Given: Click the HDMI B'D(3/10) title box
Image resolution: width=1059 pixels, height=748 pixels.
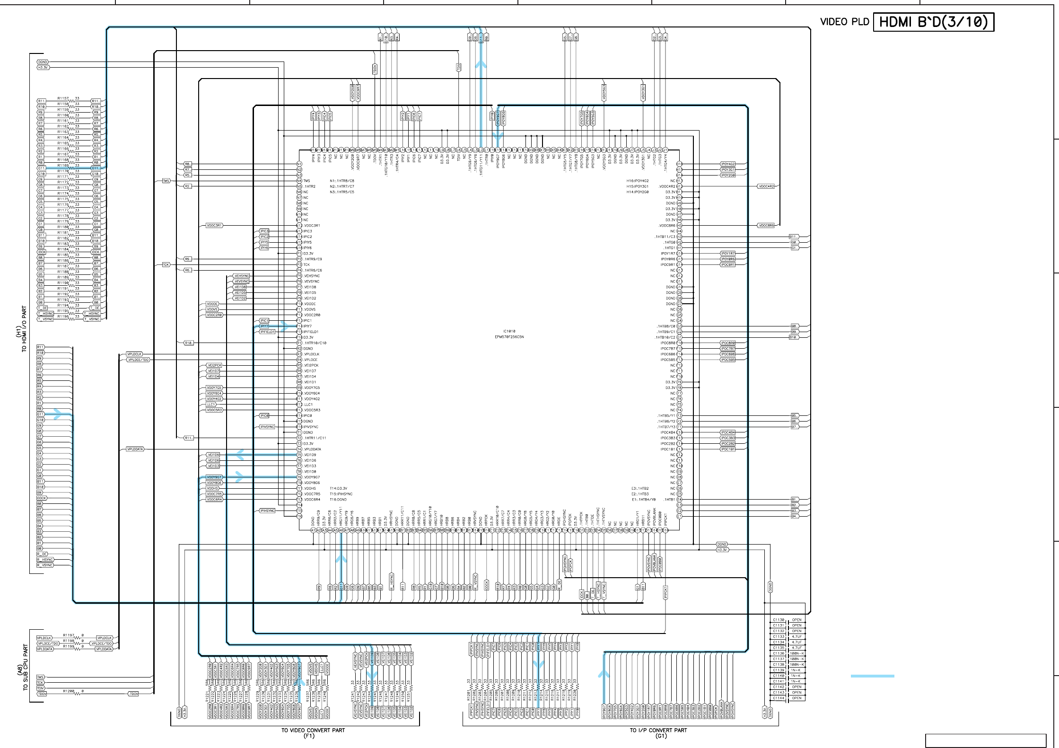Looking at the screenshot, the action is tap(933, 22).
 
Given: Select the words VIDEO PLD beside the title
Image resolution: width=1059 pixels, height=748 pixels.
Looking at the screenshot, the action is tap(845, 22).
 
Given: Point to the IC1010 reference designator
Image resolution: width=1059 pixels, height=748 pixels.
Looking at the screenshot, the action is tap(509, 331).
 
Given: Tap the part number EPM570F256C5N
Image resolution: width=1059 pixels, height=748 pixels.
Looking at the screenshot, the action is tap(509, 337).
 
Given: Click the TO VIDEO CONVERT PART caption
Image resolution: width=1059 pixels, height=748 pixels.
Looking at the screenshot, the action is tap(313, 730).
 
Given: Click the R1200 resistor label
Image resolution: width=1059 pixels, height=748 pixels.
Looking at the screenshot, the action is tap(69, 691).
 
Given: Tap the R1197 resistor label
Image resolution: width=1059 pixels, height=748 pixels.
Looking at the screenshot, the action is tap(69, 635).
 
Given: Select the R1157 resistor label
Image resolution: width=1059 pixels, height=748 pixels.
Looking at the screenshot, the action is tap(63, 99).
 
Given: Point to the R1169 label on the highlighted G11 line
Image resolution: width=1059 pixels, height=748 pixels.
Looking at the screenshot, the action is tap(63, 166).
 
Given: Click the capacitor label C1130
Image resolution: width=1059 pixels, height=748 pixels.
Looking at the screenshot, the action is tap(779, 620).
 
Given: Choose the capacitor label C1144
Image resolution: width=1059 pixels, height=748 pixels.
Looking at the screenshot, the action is tap(779, 698).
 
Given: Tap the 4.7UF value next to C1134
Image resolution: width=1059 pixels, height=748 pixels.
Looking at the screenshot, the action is tap(797, 642).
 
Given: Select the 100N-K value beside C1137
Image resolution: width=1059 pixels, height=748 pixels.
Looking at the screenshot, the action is tap(797, 659).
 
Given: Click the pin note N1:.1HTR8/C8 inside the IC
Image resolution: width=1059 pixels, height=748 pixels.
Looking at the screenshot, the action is tap(342, 181).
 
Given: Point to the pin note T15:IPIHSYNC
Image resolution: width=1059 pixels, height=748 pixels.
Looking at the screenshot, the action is tap(341, 494).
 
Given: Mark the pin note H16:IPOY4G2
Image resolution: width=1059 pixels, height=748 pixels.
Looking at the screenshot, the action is tap(638, 181).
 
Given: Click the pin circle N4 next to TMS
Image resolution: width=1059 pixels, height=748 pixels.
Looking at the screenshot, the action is tap(299, 181).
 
